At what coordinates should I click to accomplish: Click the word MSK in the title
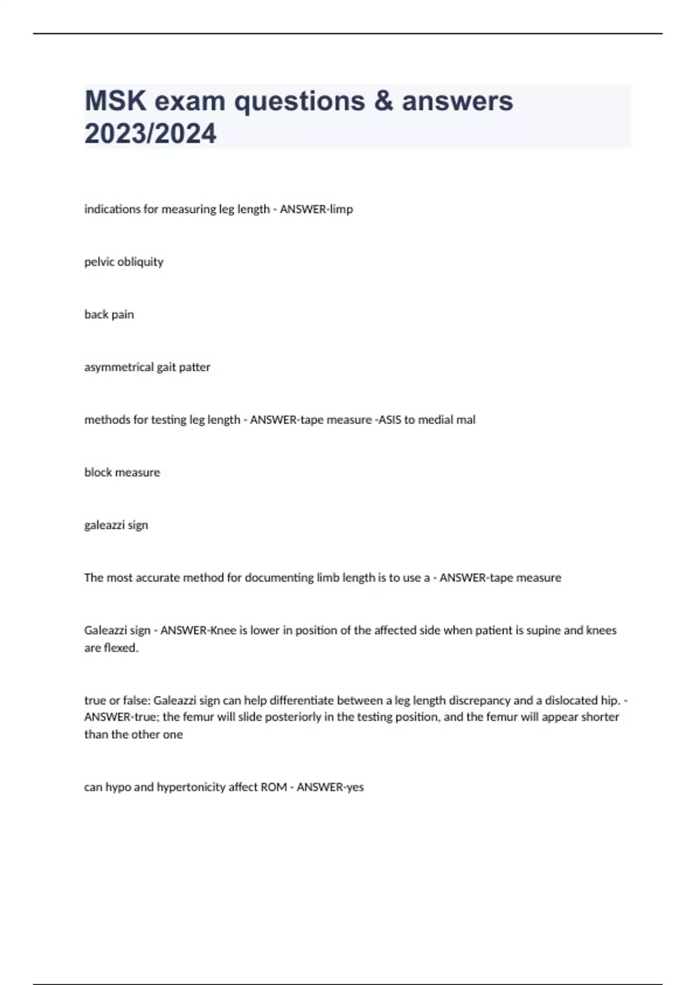click(115, 101)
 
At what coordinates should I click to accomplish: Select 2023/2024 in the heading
click(150, 133)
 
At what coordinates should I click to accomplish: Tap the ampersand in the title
click(383, 101)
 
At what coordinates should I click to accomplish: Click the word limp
click(341, 209)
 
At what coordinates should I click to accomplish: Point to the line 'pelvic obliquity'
click(124, 262)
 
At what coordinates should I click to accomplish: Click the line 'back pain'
click(109, 315)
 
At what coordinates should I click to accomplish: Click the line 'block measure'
click(122, 473)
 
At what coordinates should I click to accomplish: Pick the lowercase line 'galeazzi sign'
click(116, 526)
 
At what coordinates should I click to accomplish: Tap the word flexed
click(121, 648)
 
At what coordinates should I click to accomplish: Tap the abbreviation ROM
click(274, 787)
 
